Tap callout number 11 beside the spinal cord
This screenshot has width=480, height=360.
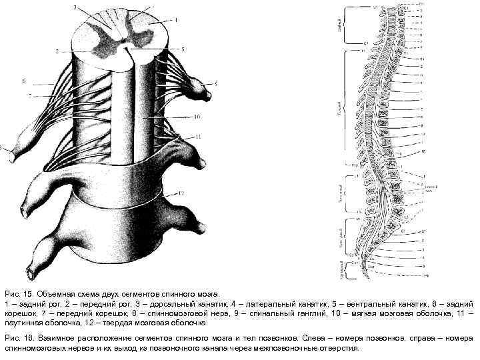(198, 136)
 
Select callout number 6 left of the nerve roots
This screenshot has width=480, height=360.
(23, 81)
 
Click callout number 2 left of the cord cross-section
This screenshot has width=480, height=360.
(57, 51)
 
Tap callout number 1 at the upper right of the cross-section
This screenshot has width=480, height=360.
(176, 20)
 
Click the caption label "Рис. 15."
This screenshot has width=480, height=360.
(17, 293)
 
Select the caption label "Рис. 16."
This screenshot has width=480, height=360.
(17, 339)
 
